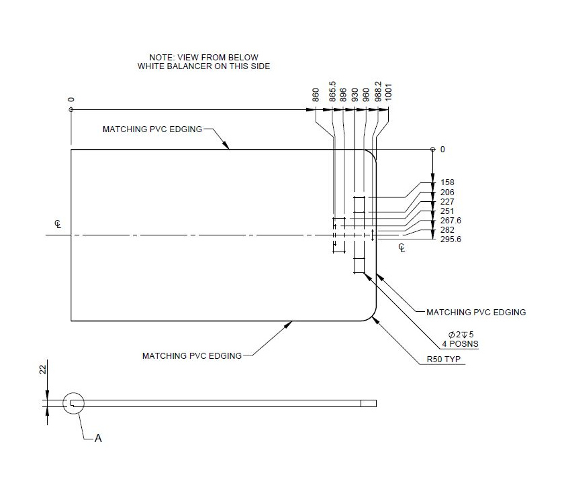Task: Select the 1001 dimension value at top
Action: pos(389,94)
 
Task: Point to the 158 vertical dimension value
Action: pos(447,182)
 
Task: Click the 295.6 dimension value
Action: pos(451,239)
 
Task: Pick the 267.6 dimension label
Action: pos(451,221)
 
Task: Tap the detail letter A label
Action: pos(98,438)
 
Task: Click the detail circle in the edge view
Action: pos(74,403)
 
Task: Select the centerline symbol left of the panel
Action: pos(58,225)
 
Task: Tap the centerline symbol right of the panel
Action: pos(402,247)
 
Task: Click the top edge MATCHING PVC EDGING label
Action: pos(152,129)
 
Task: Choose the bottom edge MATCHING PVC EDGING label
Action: pos(191,355)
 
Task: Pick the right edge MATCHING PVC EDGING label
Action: pos(476,312)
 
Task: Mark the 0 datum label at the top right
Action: pos(442,149)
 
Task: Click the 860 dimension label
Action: pos(316,95)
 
